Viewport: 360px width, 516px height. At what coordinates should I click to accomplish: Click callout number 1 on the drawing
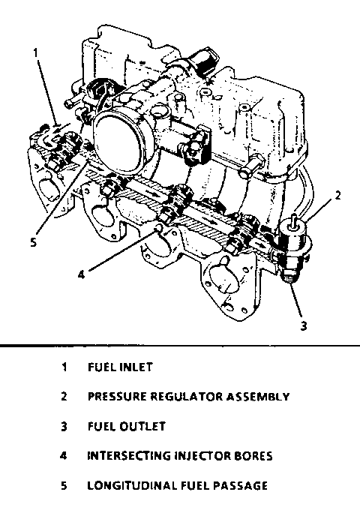click(36, 53)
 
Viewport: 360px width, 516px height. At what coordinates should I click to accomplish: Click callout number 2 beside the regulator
click(338, 196)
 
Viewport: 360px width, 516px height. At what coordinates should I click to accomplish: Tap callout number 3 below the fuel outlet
click(304, 325)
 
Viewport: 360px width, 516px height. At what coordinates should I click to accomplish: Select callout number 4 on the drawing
click(81, 274)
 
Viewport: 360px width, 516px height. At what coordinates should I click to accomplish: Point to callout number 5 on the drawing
click(33, 242)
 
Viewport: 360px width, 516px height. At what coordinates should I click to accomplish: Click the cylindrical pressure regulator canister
click(293, 236)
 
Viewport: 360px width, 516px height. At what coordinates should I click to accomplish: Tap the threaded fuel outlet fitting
click(289, 271)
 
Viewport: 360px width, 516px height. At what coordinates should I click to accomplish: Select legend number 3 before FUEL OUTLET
click(64, 427)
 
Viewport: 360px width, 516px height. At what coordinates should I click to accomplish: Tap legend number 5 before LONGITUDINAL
click(64, 486)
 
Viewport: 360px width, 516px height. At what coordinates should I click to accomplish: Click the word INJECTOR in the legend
click(202, 456)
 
